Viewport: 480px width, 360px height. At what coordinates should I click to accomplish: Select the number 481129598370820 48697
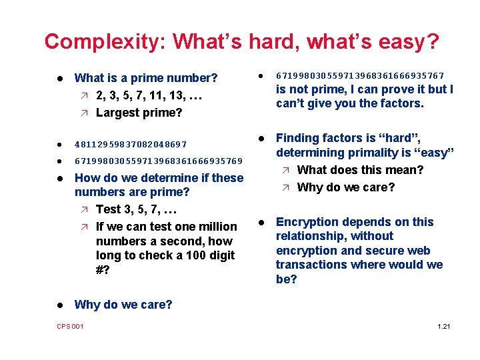point(131,144)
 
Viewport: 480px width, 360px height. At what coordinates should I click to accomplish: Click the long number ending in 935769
point(159,161)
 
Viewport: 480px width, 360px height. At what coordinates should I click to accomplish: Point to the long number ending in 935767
point(360,76)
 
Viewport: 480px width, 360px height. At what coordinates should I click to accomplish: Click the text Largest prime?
point(139,113)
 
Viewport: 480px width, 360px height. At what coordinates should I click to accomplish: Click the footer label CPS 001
point(70,325)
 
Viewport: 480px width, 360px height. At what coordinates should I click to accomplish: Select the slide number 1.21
point(443,325)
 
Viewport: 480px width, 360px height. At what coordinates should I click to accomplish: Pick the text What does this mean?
point(360,170)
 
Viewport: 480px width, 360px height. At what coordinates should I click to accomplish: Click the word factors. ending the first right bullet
point(400,103)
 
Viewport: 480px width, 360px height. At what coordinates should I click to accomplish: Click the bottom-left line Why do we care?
point(123,305)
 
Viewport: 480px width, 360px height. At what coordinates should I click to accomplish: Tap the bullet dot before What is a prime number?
point(59,79)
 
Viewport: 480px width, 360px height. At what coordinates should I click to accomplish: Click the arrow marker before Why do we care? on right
point(285,187)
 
